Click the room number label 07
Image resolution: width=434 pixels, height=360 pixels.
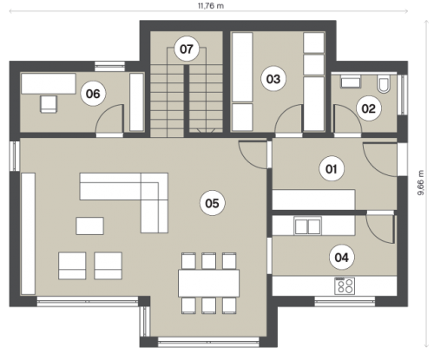[187, 49]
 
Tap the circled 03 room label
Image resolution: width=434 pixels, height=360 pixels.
[273, 79]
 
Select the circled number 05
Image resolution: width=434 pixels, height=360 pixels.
[213, 203]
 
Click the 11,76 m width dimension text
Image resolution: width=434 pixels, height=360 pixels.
[211, 6]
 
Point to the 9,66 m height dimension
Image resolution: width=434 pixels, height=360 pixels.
[421, 183]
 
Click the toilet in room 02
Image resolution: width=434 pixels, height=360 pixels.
[384, 84]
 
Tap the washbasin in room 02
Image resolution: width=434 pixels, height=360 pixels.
[351, 82]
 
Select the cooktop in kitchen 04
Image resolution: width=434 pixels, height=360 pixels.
[345, 285]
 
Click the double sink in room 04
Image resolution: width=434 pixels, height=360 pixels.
[307, 226]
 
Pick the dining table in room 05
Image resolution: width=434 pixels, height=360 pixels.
[208, 283]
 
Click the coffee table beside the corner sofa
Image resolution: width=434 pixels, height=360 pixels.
[89, 226]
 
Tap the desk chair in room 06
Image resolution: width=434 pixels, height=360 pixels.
[49, 104]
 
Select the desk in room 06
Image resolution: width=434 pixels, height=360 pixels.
[49, 83]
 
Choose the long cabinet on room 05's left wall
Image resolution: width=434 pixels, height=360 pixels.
[29, 233]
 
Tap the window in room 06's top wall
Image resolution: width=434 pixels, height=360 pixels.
[110, 66]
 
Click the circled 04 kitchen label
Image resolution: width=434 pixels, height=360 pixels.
[342, 257]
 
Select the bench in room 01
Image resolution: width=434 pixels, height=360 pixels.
[313, 200]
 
